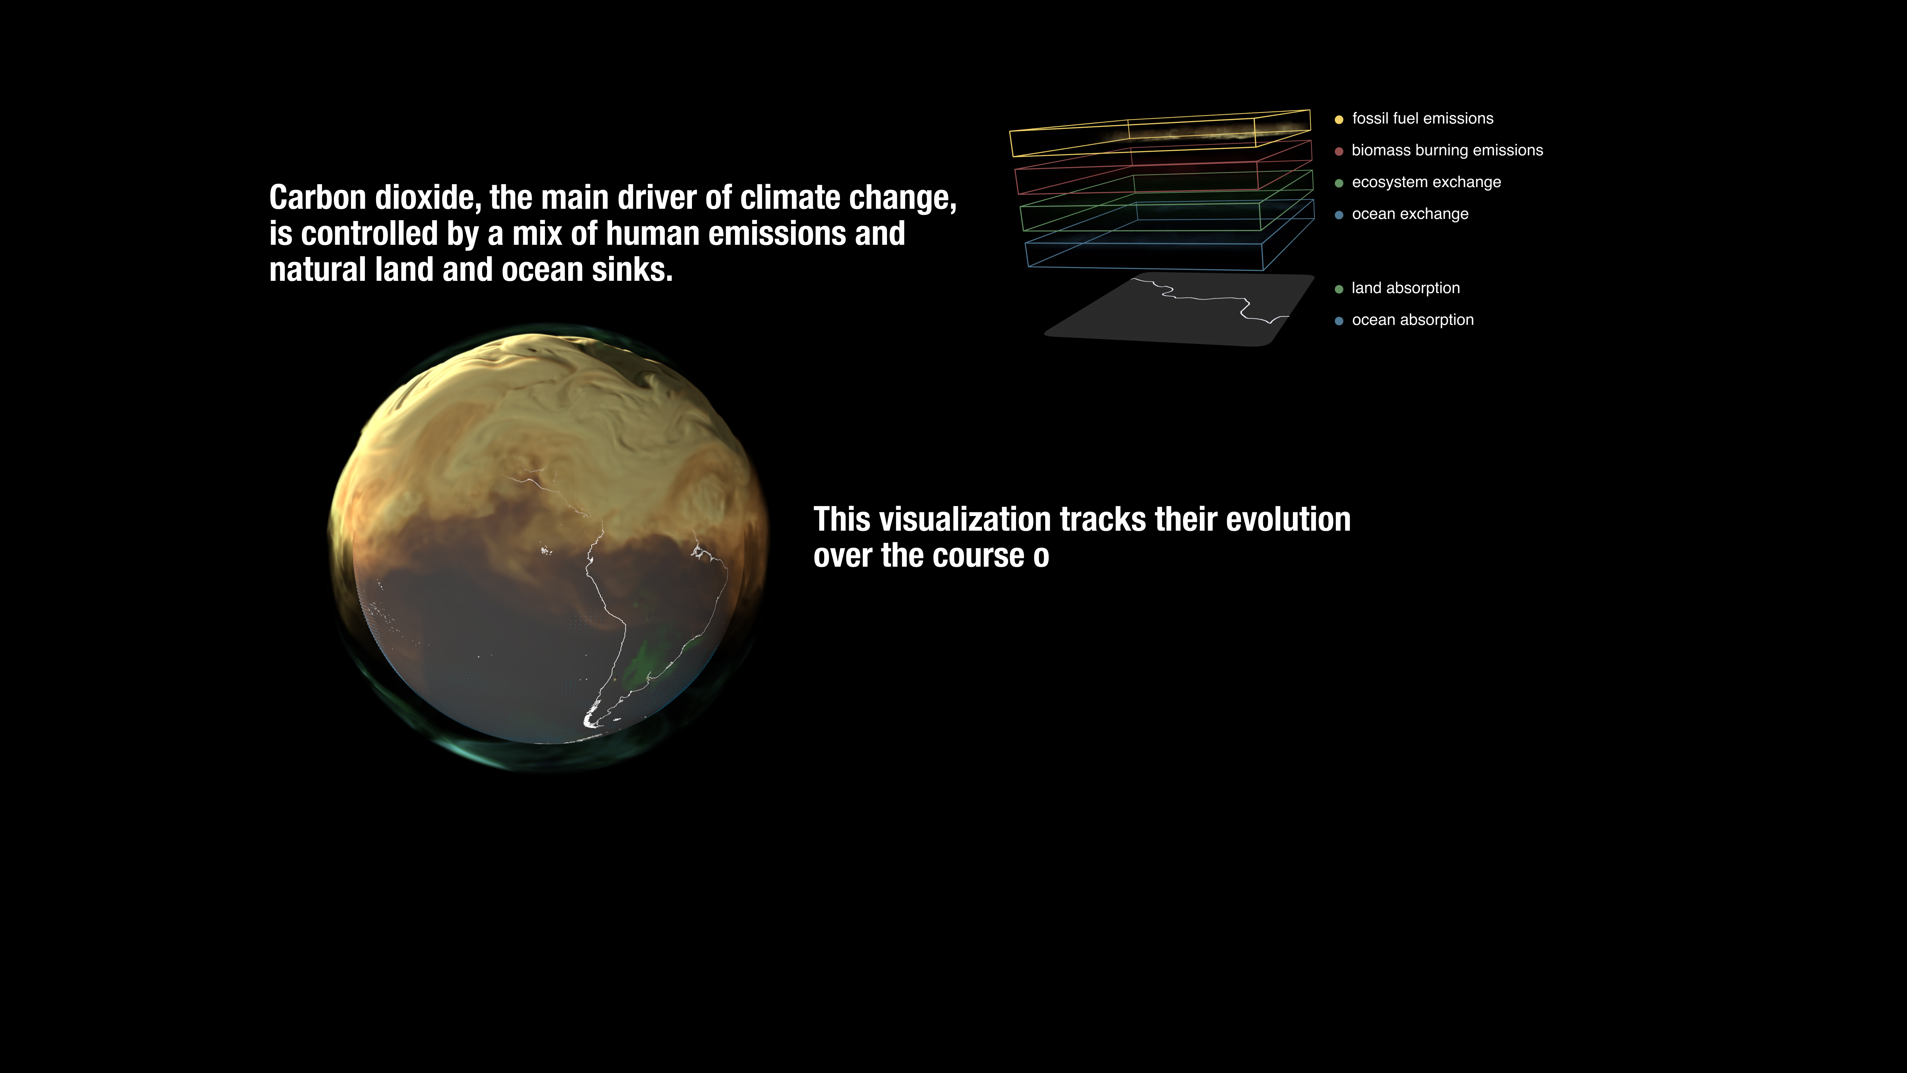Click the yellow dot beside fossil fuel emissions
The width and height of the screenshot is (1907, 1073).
point(1339,119)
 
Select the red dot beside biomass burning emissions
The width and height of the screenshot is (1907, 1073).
point(1339,151)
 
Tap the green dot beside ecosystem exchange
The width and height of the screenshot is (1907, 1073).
point(1339,183)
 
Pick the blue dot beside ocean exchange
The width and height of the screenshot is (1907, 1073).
point(1339,215)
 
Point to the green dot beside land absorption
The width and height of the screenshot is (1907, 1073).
point(1339,289)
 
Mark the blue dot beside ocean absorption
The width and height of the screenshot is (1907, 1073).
point(1339,321)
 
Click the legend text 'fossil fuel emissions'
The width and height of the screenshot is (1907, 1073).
point(1422,119)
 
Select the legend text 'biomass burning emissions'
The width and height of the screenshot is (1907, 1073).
point(1447,150)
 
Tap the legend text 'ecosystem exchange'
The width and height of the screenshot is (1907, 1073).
point(1426,182)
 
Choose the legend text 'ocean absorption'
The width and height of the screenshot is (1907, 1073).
point(1412,320)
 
